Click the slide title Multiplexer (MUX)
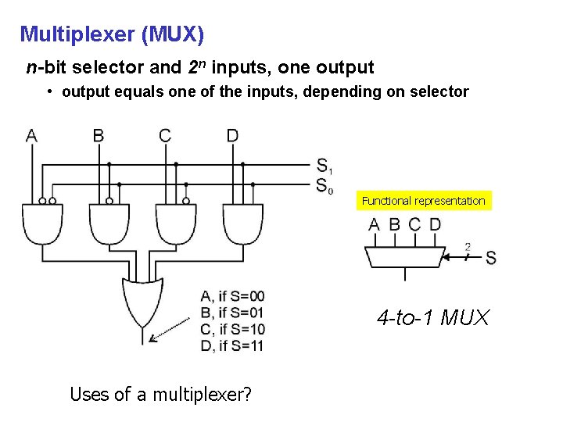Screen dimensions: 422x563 [x=112, y=34]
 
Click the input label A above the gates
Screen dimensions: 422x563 [x=31, y=136]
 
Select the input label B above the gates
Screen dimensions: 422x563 [x=99, y=136]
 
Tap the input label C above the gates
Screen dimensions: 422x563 [x=164, y=136]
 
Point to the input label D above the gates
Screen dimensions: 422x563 [x=232, y=136]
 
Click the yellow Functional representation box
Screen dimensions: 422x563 [x=423, y=201]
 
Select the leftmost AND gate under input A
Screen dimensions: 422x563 [x=42, y=224]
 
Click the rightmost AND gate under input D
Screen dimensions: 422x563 [x=243, y=224]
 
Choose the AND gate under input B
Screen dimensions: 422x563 [x=109, y=224]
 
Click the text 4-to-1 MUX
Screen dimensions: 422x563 [x=432, y=318]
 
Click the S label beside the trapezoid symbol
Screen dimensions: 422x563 [x=490, y=258]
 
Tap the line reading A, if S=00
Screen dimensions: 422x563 [x=232, y=296]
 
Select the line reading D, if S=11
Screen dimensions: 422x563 [x=232, y=346]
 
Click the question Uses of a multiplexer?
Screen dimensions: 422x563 [x=160, y=395]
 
